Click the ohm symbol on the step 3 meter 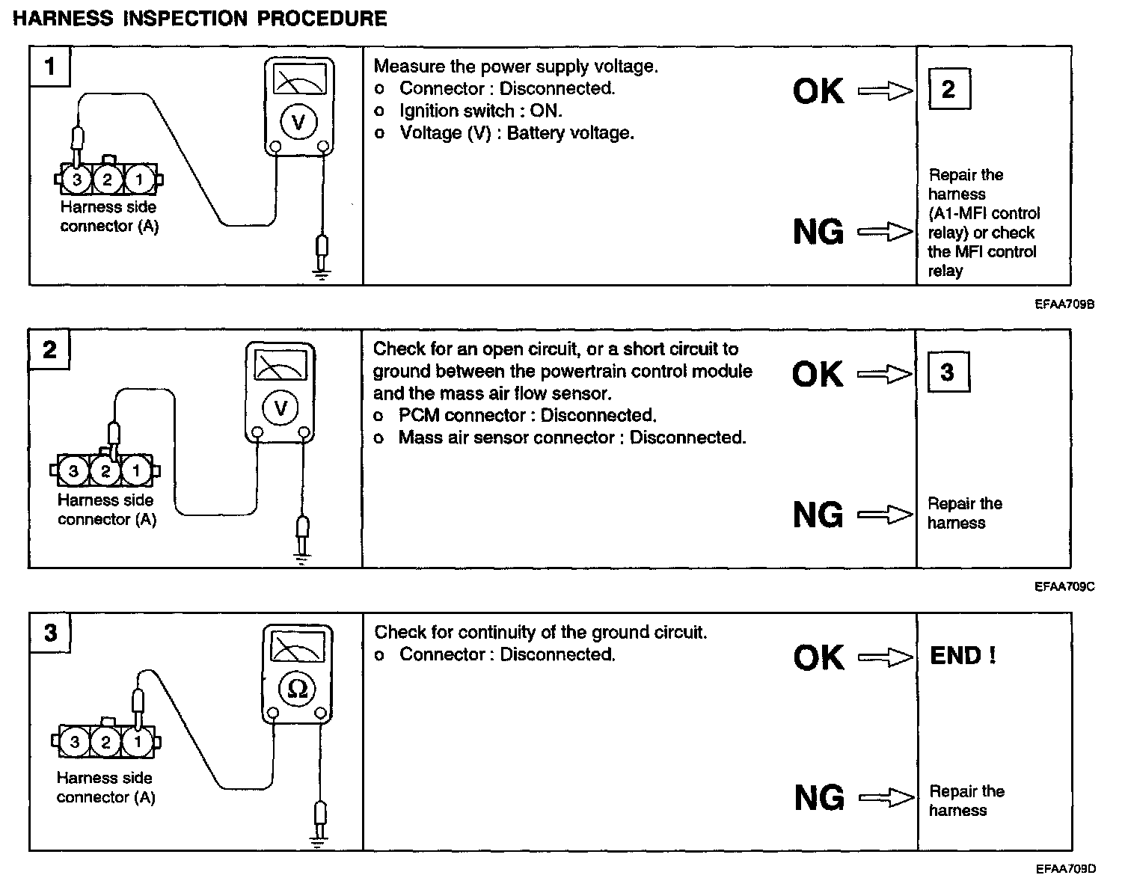(x=298, y=689)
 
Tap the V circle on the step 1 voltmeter (x=299, y=122)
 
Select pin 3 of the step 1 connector (x=77, y=179)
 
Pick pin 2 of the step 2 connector (x=105, y=471)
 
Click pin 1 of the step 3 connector (x=137, y=743)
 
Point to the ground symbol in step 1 (x=322, y=274)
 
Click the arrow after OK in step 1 (x=886, y=91)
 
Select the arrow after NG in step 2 (x=886, y=515)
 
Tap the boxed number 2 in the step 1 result (x=948, y=90)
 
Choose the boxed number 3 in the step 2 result (x=948, y=372)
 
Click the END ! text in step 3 (x=963, y=656)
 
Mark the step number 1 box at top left (x=50, y=67)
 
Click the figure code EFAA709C (x=1064, y=587)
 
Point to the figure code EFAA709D (x=1065, y=869)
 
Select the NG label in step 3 (x=819, y=797)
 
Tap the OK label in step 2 (x=818, y=374)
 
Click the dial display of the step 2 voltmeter (x=281, y=366)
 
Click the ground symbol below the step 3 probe (x=319, y=841)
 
